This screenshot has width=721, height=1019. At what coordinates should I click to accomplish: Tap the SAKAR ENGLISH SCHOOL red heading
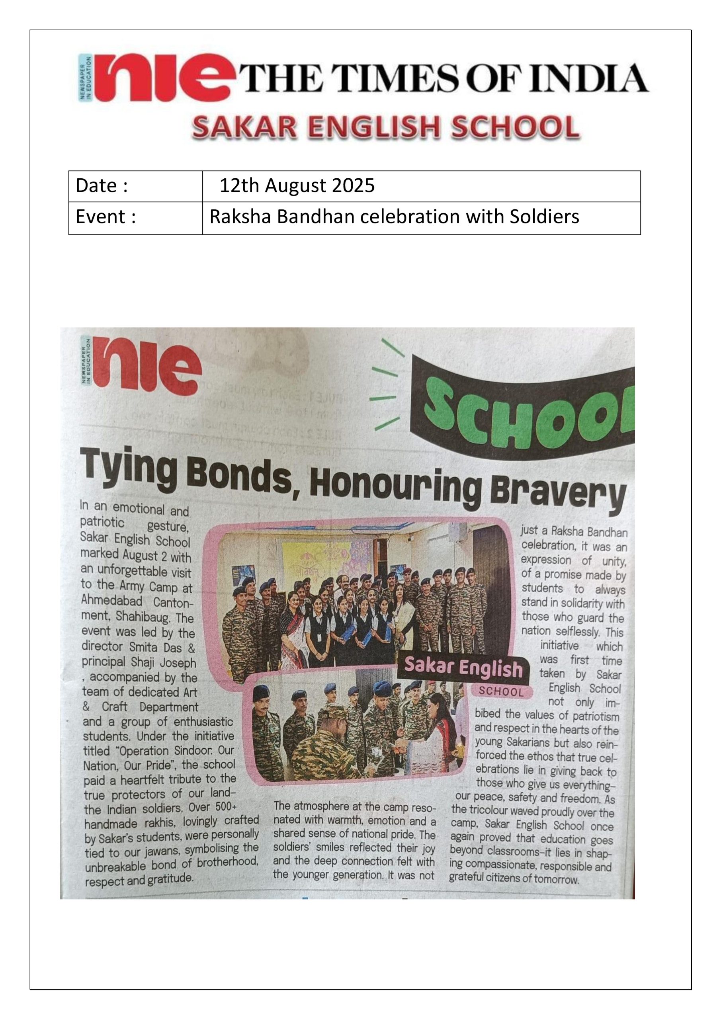[x=386, y=127]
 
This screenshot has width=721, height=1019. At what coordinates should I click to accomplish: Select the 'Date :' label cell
[x=135, y=186]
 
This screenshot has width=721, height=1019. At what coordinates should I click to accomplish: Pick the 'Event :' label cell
[x=135, y=217]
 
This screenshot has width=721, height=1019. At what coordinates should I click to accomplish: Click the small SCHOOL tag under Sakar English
[x=501, y=691]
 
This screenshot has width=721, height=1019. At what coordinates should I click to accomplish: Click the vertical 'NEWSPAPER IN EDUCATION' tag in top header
[x=85, y=78]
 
